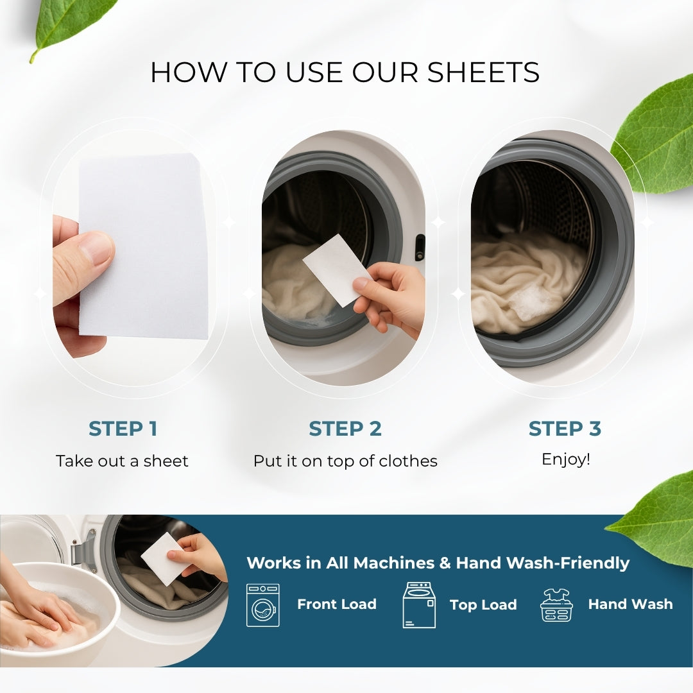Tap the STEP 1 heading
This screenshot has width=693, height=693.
point(123,429)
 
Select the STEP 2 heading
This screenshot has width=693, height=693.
point(345,429)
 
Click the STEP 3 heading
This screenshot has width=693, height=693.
point(565,429)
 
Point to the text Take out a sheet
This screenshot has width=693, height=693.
point(122,461)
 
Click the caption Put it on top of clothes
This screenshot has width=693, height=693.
point(345,461)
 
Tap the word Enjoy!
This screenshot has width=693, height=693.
point(565,459)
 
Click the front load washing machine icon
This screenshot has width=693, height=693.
point(263,605)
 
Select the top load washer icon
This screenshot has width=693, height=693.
point(418,605)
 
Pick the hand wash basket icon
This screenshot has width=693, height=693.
point(556,605)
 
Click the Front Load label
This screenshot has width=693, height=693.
point(336,604)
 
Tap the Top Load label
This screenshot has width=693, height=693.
point(483,604)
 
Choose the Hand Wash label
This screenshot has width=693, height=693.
point(630,604)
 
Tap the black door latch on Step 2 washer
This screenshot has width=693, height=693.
point(420,247)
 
